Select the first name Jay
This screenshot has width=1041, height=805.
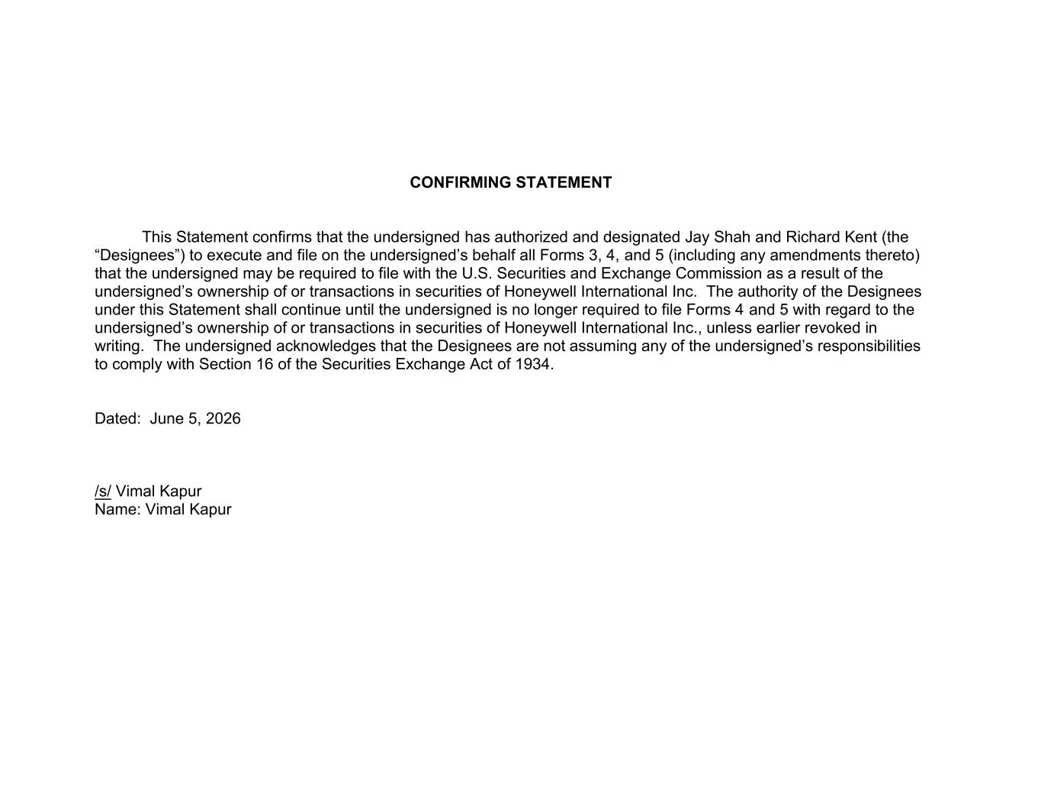click(696, 237)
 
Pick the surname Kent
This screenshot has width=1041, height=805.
click(860, 237)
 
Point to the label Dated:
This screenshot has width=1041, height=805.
click(117, 418)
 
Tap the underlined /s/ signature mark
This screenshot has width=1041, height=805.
click(103, 491)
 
